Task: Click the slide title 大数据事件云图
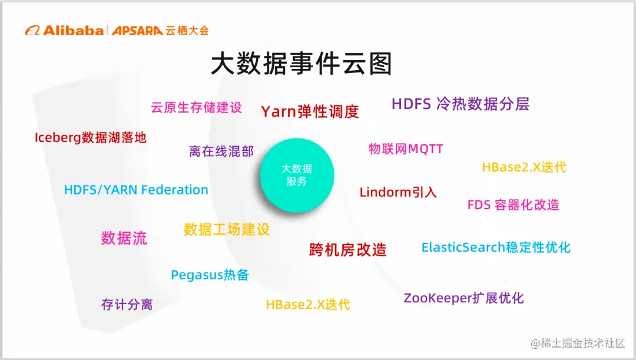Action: [x=301, y=64]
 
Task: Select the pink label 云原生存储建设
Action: [x=196, y=107]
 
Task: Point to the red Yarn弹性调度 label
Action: [x=310, y=111]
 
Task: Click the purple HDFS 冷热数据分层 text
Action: [x=461, y=104]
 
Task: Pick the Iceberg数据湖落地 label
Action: [x=91, y=138]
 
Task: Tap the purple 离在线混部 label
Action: [x=221, y=151]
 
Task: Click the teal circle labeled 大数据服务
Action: [x=297, y=175]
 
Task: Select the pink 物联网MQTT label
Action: [x=406, y=148]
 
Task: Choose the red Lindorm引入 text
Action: [x=398, y=192]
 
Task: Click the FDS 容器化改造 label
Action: [x=513, y=205]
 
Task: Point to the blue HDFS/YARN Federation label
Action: [x=136, y=190]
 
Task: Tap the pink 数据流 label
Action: [x=124, y=238]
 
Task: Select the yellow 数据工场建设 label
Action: [x=227, y=229]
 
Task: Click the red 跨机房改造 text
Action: [x=347, y=249]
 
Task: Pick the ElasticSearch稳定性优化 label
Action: [x=496, y=247]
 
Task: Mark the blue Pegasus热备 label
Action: [x=210, y=275]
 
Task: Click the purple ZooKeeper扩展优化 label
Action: [x=463, y=298]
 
